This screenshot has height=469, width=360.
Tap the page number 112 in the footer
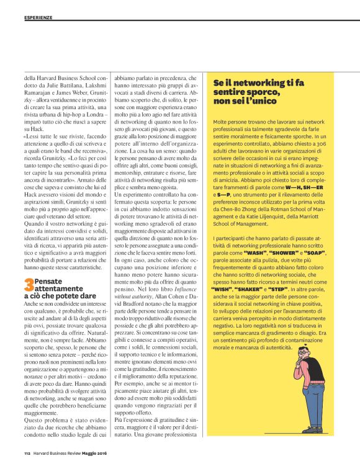pyautogui.click(x=27, y=452)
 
